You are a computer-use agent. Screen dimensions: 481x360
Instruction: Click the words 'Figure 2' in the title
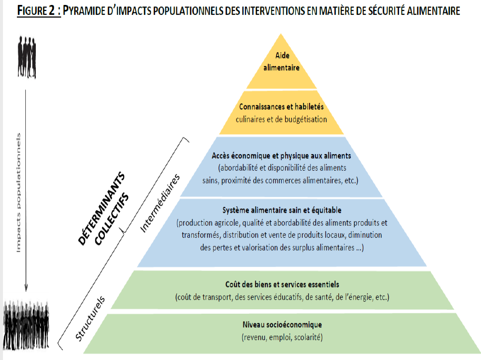tap(38, 11)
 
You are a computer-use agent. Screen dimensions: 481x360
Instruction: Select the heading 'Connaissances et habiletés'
tap(282, 107)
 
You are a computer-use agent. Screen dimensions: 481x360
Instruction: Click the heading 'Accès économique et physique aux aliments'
tap(281, 156)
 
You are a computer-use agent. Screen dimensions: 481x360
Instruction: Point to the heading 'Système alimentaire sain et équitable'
tap(281, 210)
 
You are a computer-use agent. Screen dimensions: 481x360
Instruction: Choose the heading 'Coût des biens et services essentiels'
tap(282, 284)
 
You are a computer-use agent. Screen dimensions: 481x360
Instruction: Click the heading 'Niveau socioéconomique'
tap(281, 325)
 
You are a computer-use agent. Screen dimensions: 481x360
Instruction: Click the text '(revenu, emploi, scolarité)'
tap(281, 337)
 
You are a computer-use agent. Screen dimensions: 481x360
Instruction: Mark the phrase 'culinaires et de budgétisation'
tap(281, 119)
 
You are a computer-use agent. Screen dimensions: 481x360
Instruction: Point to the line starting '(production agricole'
tap(281, 222)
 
